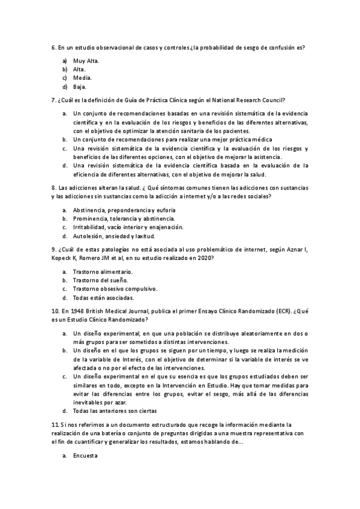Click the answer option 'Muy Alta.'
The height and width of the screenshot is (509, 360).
[86, 61]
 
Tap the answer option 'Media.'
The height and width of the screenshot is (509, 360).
[82, 78]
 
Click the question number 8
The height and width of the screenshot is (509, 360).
[54, 187]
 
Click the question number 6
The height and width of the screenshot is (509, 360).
[54, 47]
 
